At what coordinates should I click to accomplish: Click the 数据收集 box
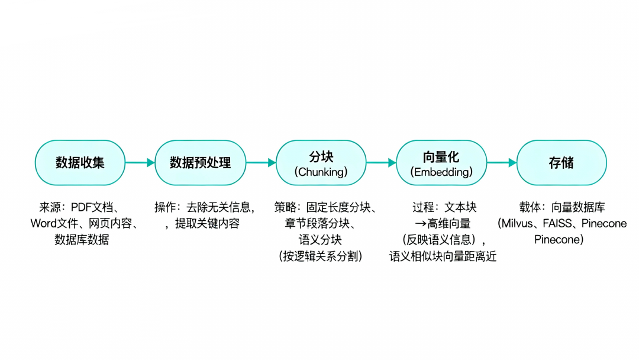[80, 163]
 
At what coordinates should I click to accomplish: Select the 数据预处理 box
[200, 163]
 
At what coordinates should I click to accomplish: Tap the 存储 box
[561, 163]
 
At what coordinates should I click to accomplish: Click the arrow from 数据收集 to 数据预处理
[140, 163]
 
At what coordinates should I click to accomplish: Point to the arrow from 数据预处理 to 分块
[260, 163]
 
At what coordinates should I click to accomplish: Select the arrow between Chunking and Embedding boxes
[381, 163]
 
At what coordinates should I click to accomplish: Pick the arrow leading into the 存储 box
[502, 163]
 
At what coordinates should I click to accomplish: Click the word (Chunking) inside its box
[321, 172]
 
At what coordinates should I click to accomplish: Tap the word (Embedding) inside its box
[441, 172]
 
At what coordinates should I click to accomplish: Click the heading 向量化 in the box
[441, 157]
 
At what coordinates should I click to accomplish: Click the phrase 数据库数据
[81, 240]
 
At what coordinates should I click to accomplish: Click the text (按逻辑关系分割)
[321, 256]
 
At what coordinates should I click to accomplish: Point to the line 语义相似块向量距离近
[443, 256]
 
